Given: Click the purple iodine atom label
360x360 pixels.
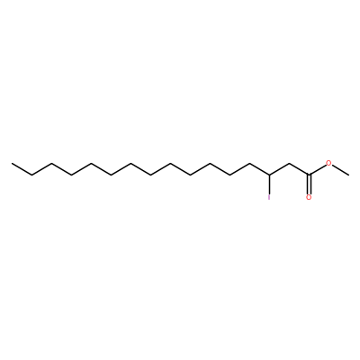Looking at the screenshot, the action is coord(269,197).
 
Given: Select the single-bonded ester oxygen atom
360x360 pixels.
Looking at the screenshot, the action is coord(328,163).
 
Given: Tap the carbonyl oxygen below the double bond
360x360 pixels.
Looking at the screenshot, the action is coord(309,197).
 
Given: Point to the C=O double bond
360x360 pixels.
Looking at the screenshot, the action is coord(309,184).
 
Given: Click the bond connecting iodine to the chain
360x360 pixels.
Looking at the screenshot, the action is coord(269,184).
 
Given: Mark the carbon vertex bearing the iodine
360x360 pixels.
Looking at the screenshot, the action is coord(269,175).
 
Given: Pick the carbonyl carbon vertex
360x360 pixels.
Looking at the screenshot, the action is coord(309,175).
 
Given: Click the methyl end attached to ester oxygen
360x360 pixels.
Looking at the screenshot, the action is coord(348,175).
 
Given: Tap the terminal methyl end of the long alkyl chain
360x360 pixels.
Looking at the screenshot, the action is coord(12,163).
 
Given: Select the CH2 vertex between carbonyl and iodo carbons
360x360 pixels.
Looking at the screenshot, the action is coord(289,163).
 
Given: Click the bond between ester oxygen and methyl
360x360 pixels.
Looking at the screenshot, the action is coord(340,170).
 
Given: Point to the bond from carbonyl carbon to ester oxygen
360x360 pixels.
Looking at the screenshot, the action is coord(318,170).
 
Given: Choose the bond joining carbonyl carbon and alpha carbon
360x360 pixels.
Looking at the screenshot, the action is coord(299,169).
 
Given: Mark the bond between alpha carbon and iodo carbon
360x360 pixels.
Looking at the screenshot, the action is coord(279,169).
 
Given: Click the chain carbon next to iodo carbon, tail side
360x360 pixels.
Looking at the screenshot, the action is coord(249,163).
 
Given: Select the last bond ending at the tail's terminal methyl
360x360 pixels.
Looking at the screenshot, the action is coord(22,169).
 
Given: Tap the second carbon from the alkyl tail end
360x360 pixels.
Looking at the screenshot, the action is coord(31,175).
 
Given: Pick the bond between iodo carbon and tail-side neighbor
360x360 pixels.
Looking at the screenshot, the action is coord(259,169).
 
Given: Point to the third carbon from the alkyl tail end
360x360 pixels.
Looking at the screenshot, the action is coord(51,163).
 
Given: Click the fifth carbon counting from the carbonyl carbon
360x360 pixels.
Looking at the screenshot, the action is coord(229,175).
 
